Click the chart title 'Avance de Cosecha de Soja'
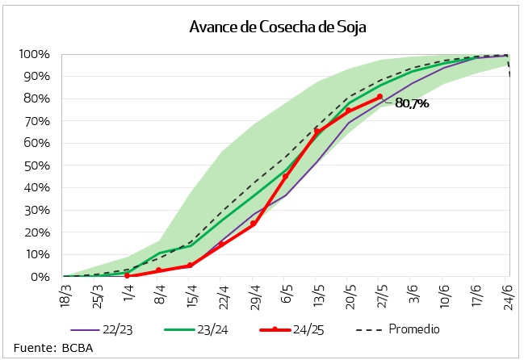278,27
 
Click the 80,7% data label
412,103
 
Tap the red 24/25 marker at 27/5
379,97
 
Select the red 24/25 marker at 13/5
316,132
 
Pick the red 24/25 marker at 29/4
254,224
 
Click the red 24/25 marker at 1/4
127,275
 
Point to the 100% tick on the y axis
35,54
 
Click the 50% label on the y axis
37,165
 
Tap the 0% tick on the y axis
40,277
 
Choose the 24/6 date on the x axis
506,291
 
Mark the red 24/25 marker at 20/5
348,111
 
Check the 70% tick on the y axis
37,121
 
